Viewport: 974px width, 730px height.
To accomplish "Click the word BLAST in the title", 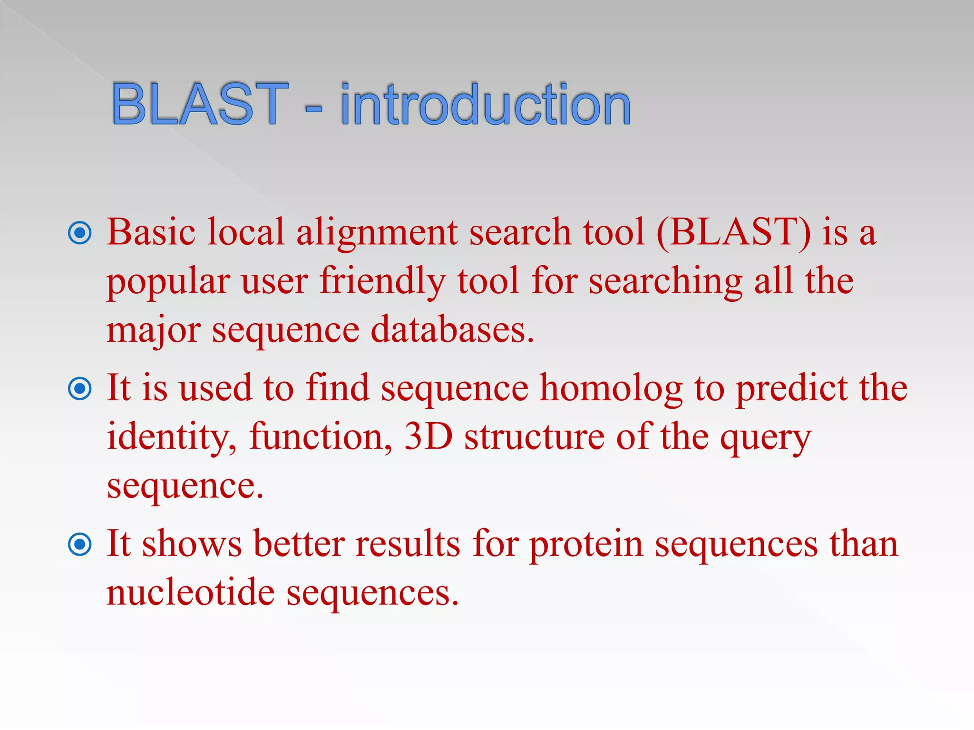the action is pyautogui.click(x=200, y=104).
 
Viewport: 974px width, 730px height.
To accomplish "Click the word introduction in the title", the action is pyautogui.click(x=486, y=104).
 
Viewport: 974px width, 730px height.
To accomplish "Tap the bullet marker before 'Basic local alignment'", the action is pyautogui.click(x=80, y=233).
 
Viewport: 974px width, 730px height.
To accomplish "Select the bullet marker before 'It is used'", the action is pyautogui.click(x=80, y=389).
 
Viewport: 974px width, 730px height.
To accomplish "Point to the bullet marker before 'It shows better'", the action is pyautogui.click(x=80, y=544).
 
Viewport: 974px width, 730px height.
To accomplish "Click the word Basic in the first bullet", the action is pyautogui.click(x=151, y=232).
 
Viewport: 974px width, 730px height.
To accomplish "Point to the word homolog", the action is pyautogui.click(x=612, y=389).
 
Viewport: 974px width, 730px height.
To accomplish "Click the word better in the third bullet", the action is pyautogui.click(x=299, y=544).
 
